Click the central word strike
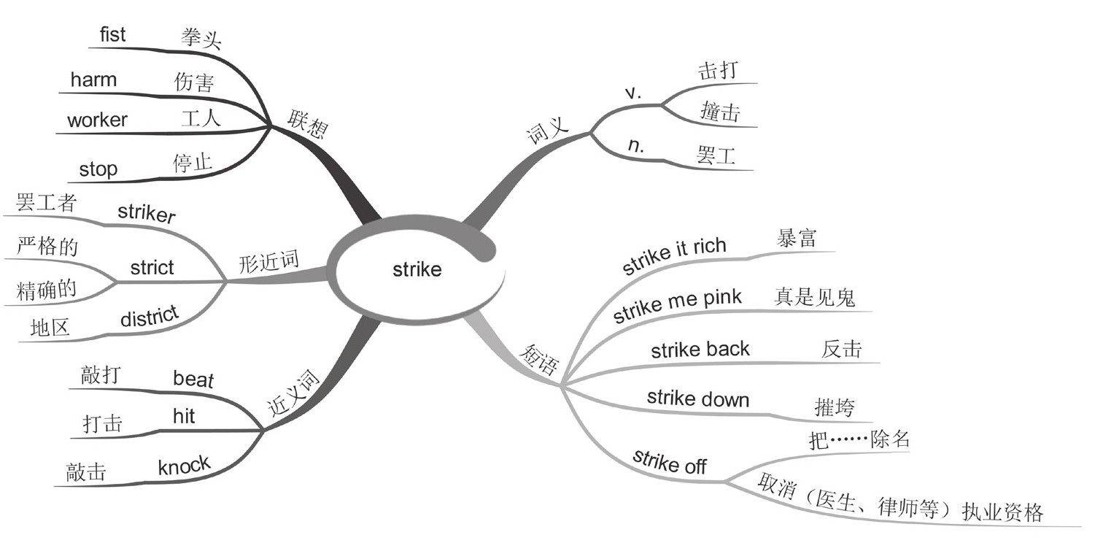coord(417,269)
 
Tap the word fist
coord(113,34)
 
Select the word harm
coord(93,80)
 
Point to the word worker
coord(97,120)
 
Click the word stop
coord(98,169)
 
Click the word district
coord(150,317)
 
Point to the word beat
coord(193,380)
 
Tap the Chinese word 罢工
coord(716,155)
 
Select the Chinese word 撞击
coord(719,112)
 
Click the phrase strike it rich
coord(674,256)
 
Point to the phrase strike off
coord(669,462)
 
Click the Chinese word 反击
coord(841,349)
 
